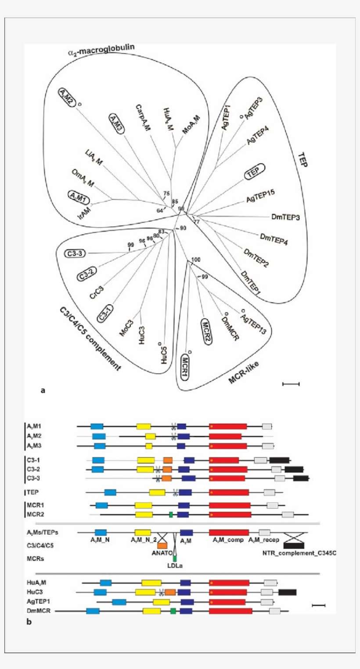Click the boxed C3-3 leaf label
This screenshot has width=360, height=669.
click(76, 253)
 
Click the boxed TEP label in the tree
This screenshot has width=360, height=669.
click(253, 172)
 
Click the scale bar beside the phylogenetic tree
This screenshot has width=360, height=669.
click(291, 384)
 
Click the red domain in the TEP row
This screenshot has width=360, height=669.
click(229, 493)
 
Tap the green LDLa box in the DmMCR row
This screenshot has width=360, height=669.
click(173, 611)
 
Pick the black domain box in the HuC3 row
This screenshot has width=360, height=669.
click(287, 592)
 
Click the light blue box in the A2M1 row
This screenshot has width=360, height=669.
click(97, 426)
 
